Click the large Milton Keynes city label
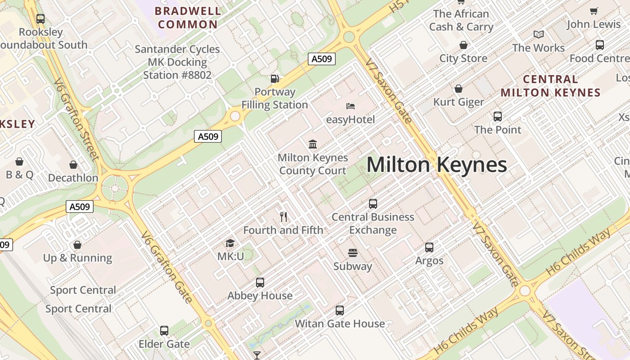click(x=436, y=165)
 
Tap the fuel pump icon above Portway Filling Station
click(x=274, y=78)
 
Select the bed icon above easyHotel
click(x=351, y=106)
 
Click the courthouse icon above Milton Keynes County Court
click(x=313, y=144)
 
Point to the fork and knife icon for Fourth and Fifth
click(x=283, y=217)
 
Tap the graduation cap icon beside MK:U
click(x=230, y=243)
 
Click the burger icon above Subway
click(x=352, y=253)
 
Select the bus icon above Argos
click(x=429, y=247)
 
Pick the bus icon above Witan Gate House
click(x=340, y=310)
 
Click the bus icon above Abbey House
click(x=260, y=282)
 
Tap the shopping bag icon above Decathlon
click(x=73, y=165)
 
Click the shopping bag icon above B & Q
click(x=19, y=162)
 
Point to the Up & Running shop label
click(x=77, y=258)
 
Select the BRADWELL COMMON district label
click(x=188, y=18)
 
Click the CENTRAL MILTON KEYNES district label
click(x=550, y=86)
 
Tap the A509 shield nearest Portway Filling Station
click(x=322, y=58)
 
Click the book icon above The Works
click(x=539, y=34)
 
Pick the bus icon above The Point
click(x=498, y=117)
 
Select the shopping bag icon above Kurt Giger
click(x=459, y=89)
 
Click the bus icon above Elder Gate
click(x=164, y=331)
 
